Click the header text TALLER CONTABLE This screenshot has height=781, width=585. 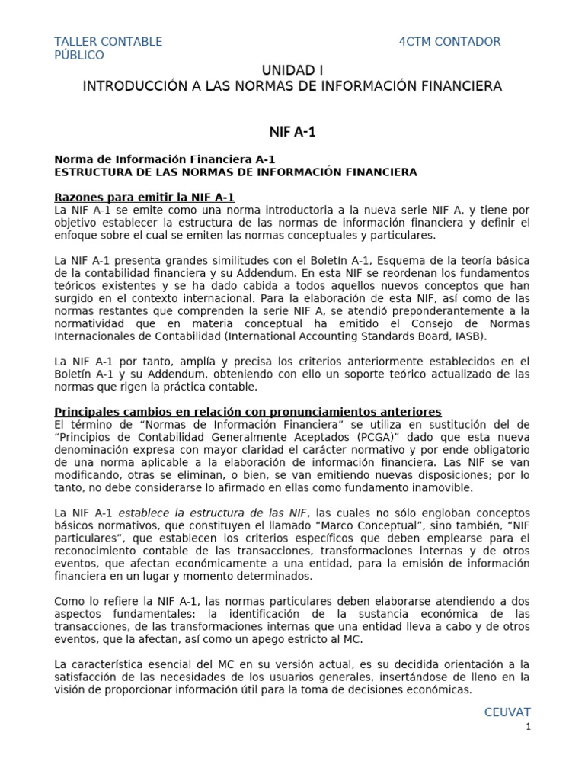click(x=108, y=42)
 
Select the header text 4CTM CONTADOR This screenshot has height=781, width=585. click(x=449, y=42)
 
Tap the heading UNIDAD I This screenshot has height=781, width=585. click(x=292, y=70)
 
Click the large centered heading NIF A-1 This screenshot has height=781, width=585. click(x=292, y=132)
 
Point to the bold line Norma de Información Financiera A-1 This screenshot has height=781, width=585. click(x=165, y=159)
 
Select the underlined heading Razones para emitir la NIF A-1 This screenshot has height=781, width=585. click(x=144, y=197)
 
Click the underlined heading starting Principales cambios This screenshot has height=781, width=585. click(x=248, y=412)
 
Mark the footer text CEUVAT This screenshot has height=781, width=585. click(x=507, y=712)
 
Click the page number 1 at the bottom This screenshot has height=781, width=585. click(x=528, y=727)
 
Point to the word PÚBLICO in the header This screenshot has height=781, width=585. click(x=79, y=56)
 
